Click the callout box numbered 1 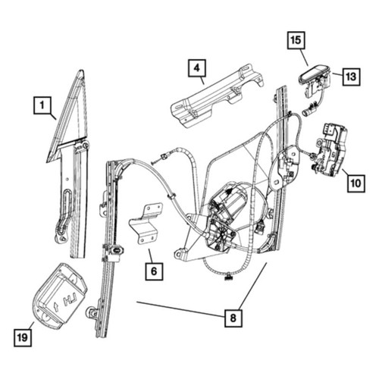point(42,105)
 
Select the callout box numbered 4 point(197,68)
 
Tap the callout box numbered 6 point(154,271)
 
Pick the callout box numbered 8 point(233,318)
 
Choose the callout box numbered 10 point(356,183)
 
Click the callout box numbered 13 point(351,77)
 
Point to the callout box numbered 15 point(296,40)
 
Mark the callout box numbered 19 point(23,338)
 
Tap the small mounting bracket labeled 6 point(146,224)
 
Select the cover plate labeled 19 point(60,296)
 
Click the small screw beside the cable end point(156,162)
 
